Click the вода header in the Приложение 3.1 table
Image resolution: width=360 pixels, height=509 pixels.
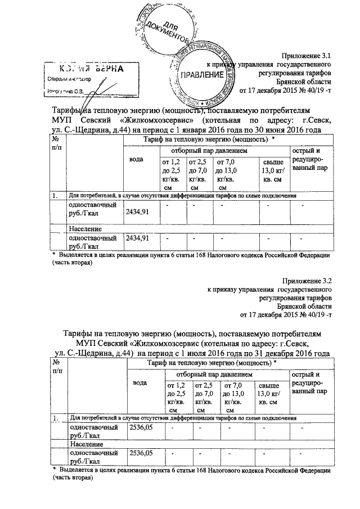point(136,160)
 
